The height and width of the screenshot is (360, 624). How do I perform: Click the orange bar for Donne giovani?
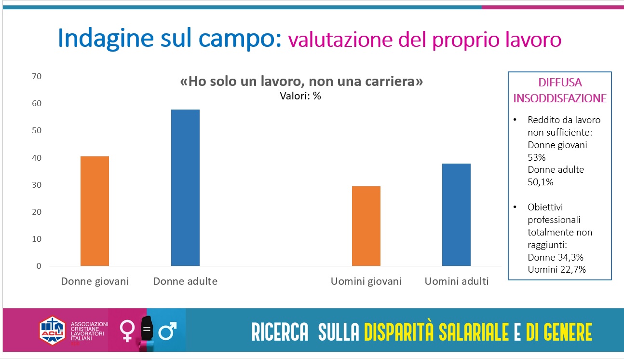pos(95,211)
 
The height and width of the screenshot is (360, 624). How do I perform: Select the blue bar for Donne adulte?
pos(185,188)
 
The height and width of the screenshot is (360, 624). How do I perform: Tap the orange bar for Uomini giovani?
pos(366,226)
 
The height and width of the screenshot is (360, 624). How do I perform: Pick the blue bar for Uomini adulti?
pos(456,215)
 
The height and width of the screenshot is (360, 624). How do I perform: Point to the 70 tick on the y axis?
pos(37,76)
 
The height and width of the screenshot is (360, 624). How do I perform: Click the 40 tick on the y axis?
pos(37,158)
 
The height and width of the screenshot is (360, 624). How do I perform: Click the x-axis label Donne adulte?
pos(185,281)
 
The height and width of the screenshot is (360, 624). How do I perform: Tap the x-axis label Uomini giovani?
pos(366,281)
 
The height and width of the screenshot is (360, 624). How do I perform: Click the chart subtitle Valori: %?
pos(300,96)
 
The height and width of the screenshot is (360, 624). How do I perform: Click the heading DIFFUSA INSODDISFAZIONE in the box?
pos(559,90)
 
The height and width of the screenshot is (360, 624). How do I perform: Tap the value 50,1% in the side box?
pos(540,182)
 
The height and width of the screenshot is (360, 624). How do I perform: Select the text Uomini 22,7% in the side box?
pos(556,270)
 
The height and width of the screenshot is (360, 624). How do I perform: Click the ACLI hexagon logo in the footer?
pos(52,331)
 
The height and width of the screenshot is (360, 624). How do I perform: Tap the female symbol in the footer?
pos(128,332)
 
